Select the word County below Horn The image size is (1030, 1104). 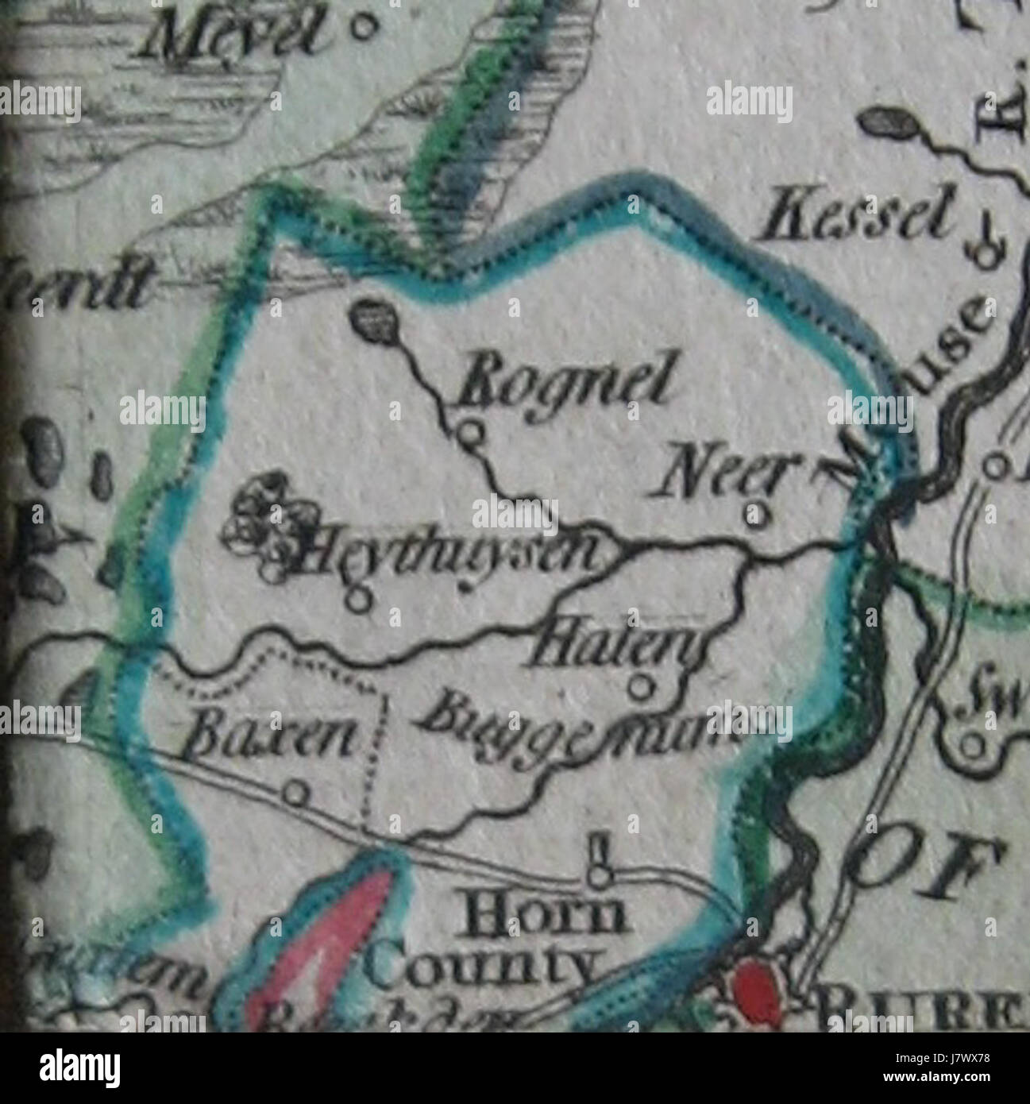[x=484, y=967]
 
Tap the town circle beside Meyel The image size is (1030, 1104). [x=364, y=29]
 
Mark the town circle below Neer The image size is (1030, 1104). [x=757, y=515]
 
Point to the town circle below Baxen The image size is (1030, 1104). [x=296, y=792]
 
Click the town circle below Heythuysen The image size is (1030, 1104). [x=361, y=600]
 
